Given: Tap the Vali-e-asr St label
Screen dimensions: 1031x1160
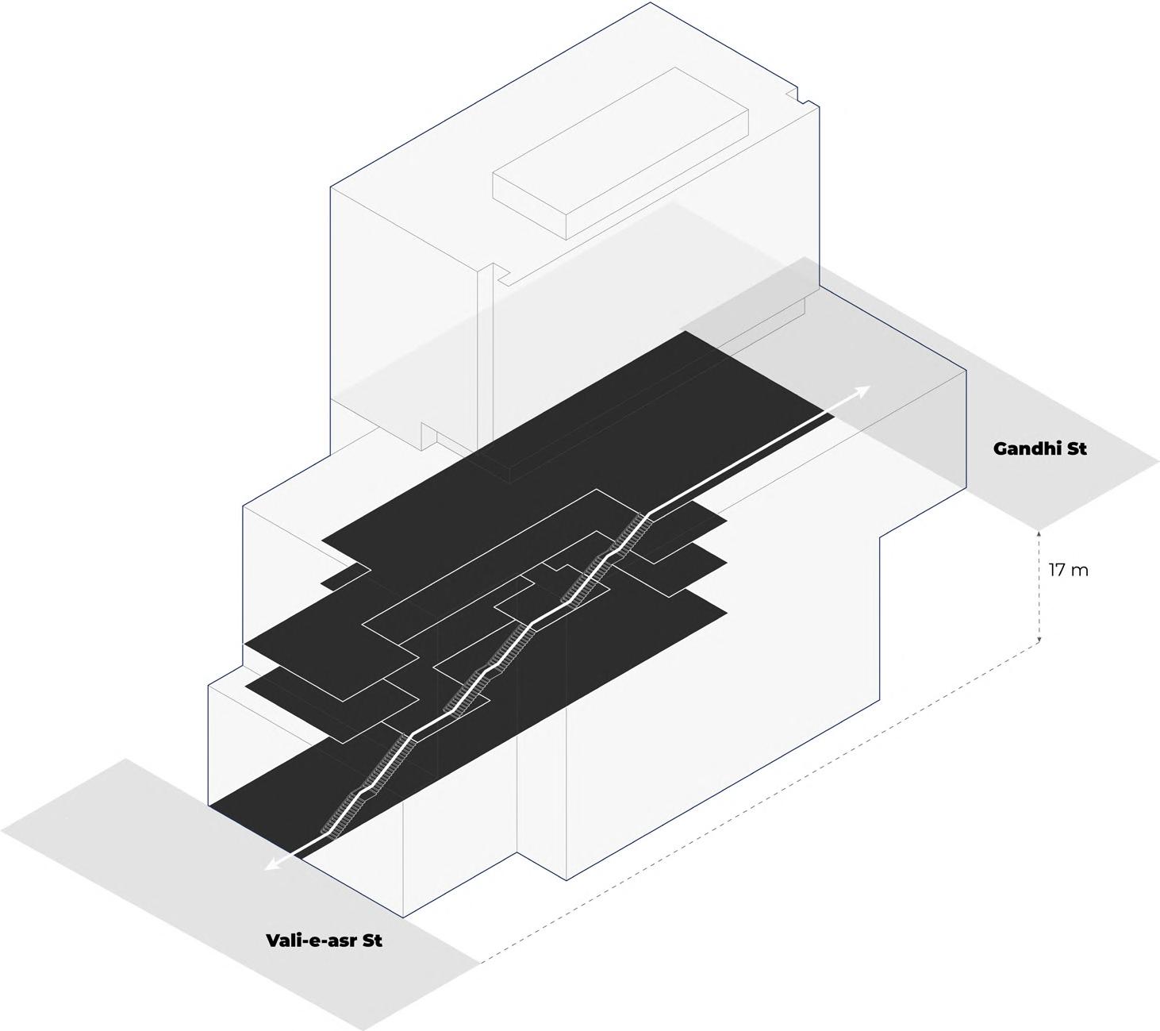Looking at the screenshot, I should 324,941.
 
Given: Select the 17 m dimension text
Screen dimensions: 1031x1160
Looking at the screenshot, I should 1068,570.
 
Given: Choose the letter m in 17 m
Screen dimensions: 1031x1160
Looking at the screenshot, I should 1080,570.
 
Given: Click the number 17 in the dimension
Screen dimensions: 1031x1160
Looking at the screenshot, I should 1057,570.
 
